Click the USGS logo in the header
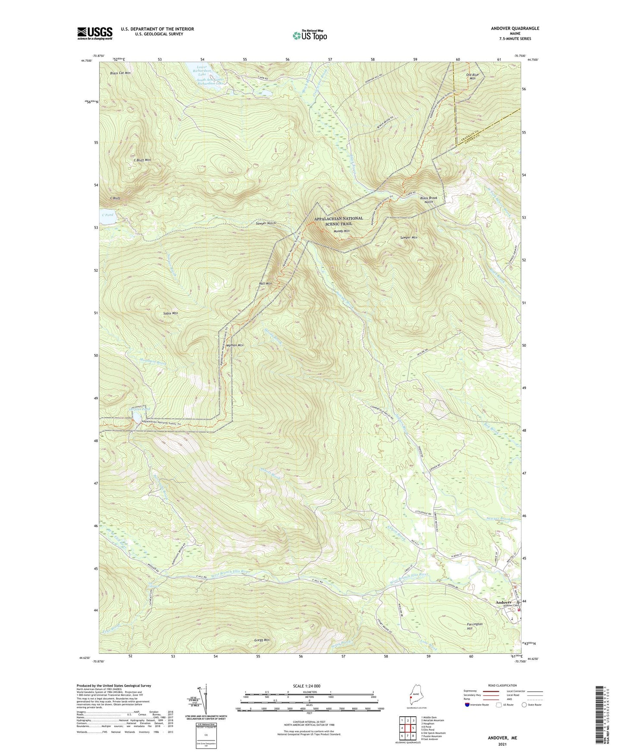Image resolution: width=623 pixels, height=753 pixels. click(95, 33)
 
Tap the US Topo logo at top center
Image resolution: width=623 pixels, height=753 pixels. click(309, 35)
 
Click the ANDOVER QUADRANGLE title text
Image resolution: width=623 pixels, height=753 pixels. click(515, 28)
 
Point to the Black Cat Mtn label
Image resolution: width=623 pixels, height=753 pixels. click(120, 73)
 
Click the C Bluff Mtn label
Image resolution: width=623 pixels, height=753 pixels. click(142, 160)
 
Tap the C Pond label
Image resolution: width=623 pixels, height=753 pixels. click(107, 215)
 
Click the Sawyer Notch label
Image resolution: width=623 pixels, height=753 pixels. click(266, 223)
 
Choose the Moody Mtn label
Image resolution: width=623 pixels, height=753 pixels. click(341, 231)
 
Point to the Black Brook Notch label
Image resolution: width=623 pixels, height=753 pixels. click(429, 200)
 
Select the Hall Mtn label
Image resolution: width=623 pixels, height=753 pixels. click(265, 283)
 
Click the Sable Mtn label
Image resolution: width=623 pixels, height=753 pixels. click(170, 313)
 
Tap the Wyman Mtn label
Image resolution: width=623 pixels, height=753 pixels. click(235, 345)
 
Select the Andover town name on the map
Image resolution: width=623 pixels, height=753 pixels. click(503, 602)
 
